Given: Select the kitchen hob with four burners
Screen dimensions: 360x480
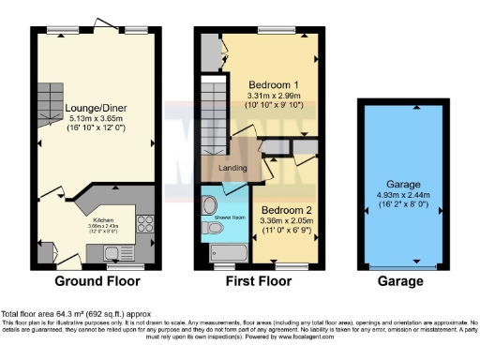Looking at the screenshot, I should tap(146, 223).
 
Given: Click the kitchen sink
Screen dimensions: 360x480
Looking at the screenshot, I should tap(116, 251).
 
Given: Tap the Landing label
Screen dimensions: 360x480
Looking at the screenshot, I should tap(232, 169).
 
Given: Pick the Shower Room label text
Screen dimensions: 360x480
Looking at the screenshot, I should tap(229, 216).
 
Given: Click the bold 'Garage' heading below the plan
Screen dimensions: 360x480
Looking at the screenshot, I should tap(393, 281).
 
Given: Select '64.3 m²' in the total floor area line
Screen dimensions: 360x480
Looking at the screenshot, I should tap(64, 312).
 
